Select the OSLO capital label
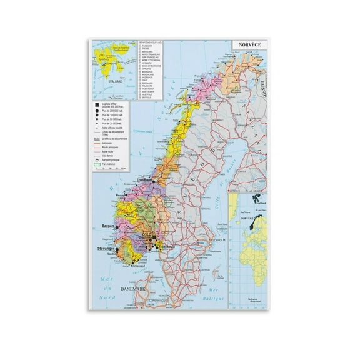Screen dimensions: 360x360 (x=147, y=234)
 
